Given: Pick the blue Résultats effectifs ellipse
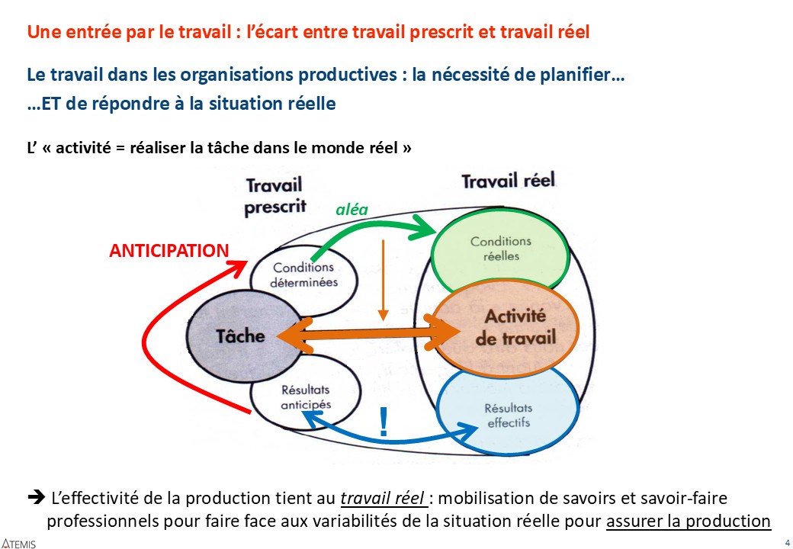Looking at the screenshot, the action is pyautogui.click(x=507, y=412).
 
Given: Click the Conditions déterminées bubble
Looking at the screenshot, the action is pyautogui.click(x=303, y=274).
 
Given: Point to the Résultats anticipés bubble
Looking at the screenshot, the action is pyautogui.click(x=306, y=396).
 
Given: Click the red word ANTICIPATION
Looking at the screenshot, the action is pyautogui.click(x=169, y=251).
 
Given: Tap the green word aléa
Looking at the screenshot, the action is pyautogui.click(x=352, y=209).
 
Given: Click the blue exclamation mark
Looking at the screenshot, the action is pyautogui.click(x=384, y=422).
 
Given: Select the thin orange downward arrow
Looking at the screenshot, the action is pyautogui.click(x=383, y=280).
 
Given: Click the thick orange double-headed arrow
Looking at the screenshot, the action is pyautogui.click(x=368, y=334).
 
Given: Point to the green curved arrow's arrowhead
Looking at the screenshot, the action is pyautogui.click(x=424, y=228).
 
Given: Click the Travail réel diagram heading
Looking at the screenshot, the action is pyautogui.click(x=509, y=181).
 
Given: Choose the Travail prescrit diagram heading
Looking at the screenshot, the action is pyautogui.click(x=275, y=196).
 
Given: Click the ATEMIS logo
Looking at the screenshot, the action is pyautogui.click(x=19, y=544).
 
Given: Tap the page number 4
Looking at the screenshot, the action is pyautogui.click(x=787, y=543).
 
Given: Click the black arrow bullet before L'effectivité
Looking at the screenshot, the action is pyautogui.click(x=37, y=497).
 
